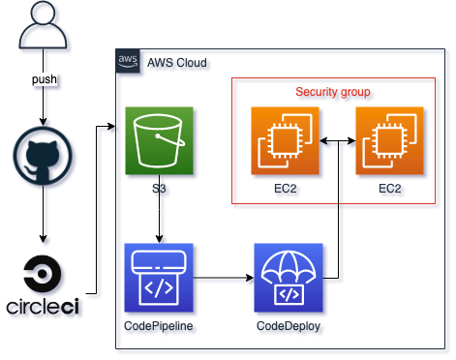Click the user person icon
pyautogui.click(x=42, y=28)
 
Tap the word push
pyautogui.click(x=42, y=78)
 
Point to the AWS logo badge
pyautogui.click(x=127, y=61)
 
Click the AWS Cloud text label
pyautogui.click(x=176, y=62)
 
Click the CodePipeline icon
pyautogui.click(x=159, y=277)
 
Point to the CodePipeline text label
pyautogui.click(x=159, y=324)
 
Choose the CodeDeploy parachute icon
pyautogui.click(x=288, y=277)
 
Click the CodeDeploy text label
pyautogui.click(x=288, y=324)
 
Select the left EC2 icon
pyautogui.click(x=285, y=141)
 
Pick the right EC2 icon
pyautogui.click(x=390, y=141)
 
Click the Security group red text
pyautogui.click(x=333, y=92)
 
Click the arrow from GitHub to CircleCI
pyautogui.click(x=42, y=218)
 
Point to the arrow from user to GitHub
pyautogui.click(x=42, y=105)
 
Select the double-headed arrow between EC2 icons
pyautogui.click(x=337, y=142)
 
